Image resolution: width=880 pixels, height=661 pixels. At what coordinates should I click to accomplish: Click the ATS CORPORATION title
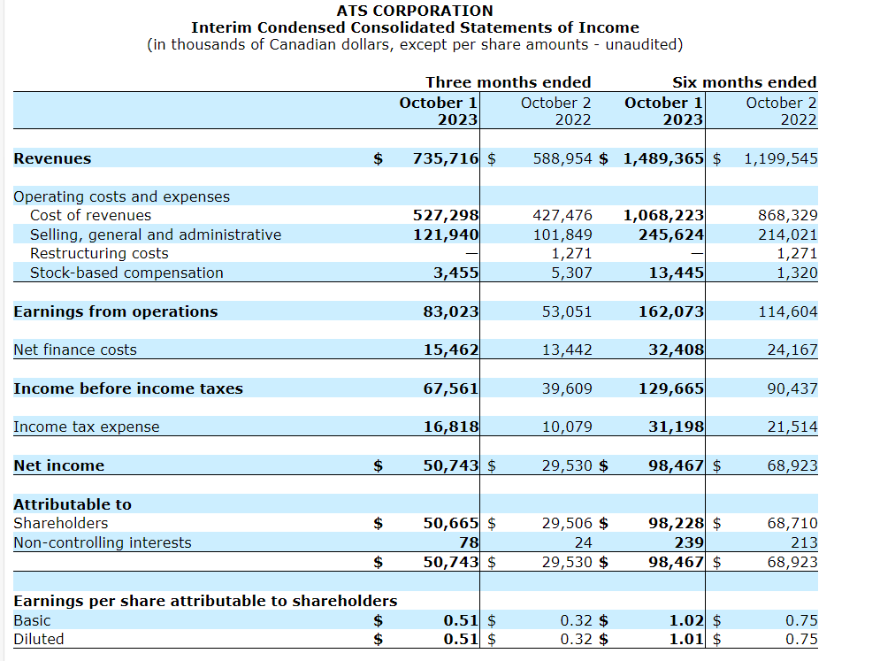click(415, 11)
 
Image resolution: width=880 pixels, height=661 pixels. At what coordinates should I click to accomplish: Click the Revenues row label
click(52, 158)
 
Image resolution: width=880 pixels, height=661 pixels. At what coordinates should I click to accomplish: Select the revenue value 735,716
click(446, 159)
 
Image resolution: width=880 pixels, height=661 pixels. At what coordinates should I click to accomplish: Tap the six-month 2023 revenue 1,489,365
click(663, 159)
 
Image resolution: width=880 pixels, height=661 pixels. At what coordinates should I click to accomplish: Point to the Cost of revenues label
click(90, 215)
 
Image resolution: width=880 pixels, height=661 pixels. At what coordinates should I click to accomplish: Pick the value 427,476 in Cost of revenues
click(562, 215)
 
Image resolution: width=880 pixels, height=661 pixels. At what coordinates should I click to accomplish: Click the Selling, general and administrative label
click(156, 234)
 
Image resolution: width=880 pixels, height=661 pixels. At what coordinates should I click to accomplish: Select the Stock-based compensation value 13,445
click(677, 273)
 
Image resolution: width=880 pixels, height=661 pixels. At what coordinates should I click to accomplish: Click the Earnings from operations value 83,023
click(451, 311)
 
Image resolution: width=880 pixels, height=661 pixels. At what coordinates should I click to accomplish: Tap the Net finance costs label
click(75, 350)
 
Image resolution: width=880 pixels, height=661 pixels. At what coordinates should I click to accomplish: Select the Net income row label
click(58, 465)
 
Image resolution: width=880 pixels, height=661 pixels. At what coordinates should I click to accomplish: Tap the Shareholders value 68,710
click(792, 523)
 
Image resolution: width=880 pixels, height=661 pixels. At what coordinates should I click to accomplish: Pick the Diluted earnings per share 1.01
click(686, 639)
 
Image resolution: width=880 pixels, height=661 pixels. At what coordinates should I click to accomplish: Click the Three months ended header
click(508, 82)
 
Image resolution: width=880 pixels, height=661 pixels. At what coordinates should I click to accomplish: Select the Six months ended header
click(744, 82)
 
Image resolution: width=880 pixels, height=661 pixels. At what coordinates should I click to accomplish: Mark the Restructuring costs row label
click(99, 253)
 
